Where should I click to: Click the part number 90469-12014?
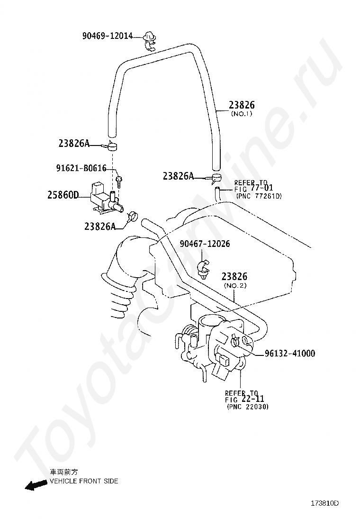click(x=108, y=36)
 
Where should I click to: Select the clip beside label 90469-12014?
click(x=150, y=40)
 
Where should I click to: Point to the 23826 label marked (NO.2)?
click(x=234, y=276)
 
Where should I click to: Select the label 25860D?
click(x=63, y=194)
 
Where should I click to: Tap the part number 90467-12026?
click(x=205, y=244)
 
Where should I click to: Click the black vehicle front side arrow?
click(x=36, y=485)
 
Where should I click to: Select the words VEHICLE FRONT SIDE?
click(x=84, y=481)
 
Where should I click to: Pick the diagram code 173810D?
click(x=325, y=503)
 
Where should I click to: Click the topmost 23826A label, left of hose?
click(x=74, y=143)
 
